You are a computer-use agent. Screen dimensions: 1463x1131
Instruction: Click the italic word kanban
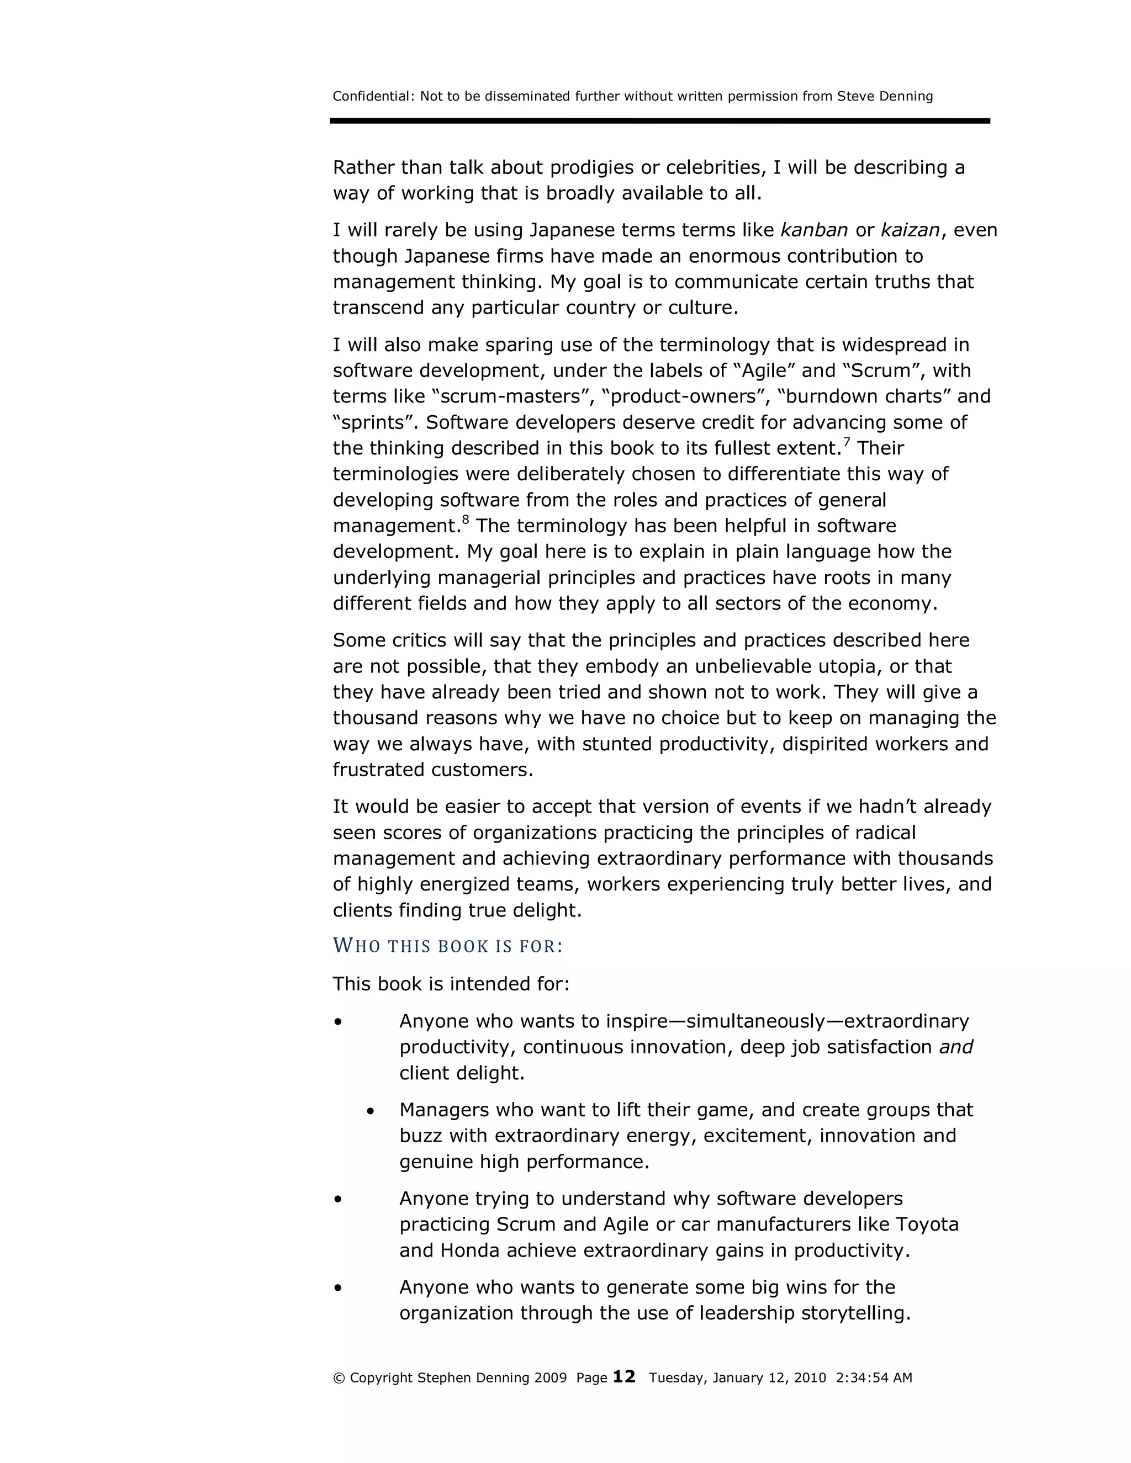click(814, 230)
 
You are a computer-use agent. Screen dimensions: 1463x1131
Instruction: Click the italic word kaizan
click(910, 230)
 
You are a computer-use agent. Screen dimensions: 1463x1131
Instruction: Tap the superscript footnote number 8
click(465, 521)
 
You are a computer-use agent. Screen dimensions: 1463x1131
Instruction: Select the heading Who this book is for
click(447, 946)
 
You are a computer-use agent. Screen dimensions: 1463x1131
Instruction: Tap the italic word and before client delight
click(955, 1047)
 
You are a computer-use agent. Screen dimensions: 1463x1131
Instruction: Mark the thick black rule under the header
click(659, 121)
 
